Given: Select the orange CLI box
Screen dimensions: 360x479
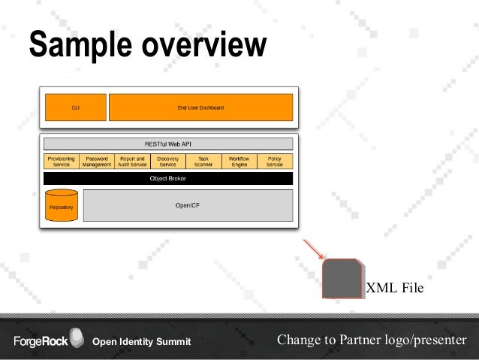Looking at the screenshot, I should pos(75,107).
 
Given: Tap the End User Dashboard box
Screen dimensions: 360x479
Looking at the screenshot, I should pos(200,107).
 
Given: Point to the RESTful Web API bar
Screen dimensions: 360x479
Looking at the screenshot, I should pos(168,143).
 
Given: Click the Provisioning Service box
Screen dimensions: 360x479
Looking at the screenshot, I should pos(61,162).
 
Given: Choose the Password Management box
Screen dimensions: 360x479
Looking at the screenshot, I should pos(97,162).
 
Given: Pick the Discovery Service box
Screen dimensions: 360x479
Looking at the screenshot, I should pos(168,162).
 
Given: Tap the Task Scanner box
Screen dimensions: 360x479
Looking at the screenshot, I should pos(203,162).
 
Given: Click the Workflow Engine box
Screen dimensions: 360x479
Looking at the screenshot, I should pos(239,162).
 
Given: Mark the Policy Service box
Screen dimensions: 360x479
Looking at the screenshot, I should pos(275,162).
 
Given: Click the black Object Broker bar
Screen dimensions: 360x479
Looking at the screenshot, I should pos(168,179).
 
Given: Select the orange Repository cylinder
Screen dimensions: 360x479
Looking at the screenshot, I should pos(61,205).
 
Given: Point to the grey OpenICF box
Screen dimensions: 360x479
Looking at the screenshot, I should pos(187,204).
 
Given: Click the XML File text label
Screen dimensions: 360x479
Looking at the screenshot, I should pos(394,287).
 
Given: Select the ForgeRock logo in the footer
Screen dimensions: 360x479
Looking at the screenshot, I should pos(45,342).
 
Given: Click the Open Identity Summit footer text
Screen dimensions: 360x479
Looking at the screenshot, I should pos(141,343).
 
